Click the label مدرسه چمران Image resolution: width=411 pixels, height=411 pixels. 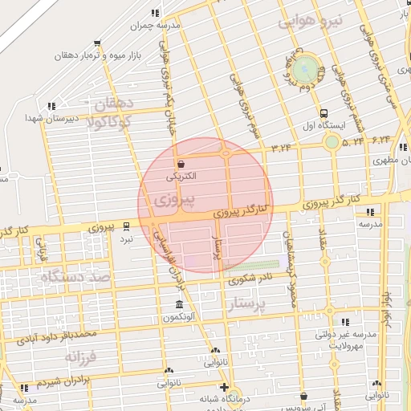point(158,25)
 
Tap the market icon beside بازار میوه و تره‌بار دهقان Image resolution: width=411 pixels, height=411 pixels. point(97,44)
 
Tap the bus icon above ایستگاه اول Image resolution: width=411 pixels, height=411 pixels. point(324,114)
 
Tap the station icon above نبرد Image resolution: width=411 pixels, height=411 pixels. point(126,226)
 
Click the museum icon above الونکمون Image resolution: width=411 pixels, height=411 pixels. point(178,305)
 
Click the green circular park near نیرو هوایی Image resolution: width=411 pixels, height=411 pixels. point(305,69)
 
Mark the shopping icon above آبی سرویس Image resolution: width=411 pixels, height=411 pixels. point(304,395)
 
